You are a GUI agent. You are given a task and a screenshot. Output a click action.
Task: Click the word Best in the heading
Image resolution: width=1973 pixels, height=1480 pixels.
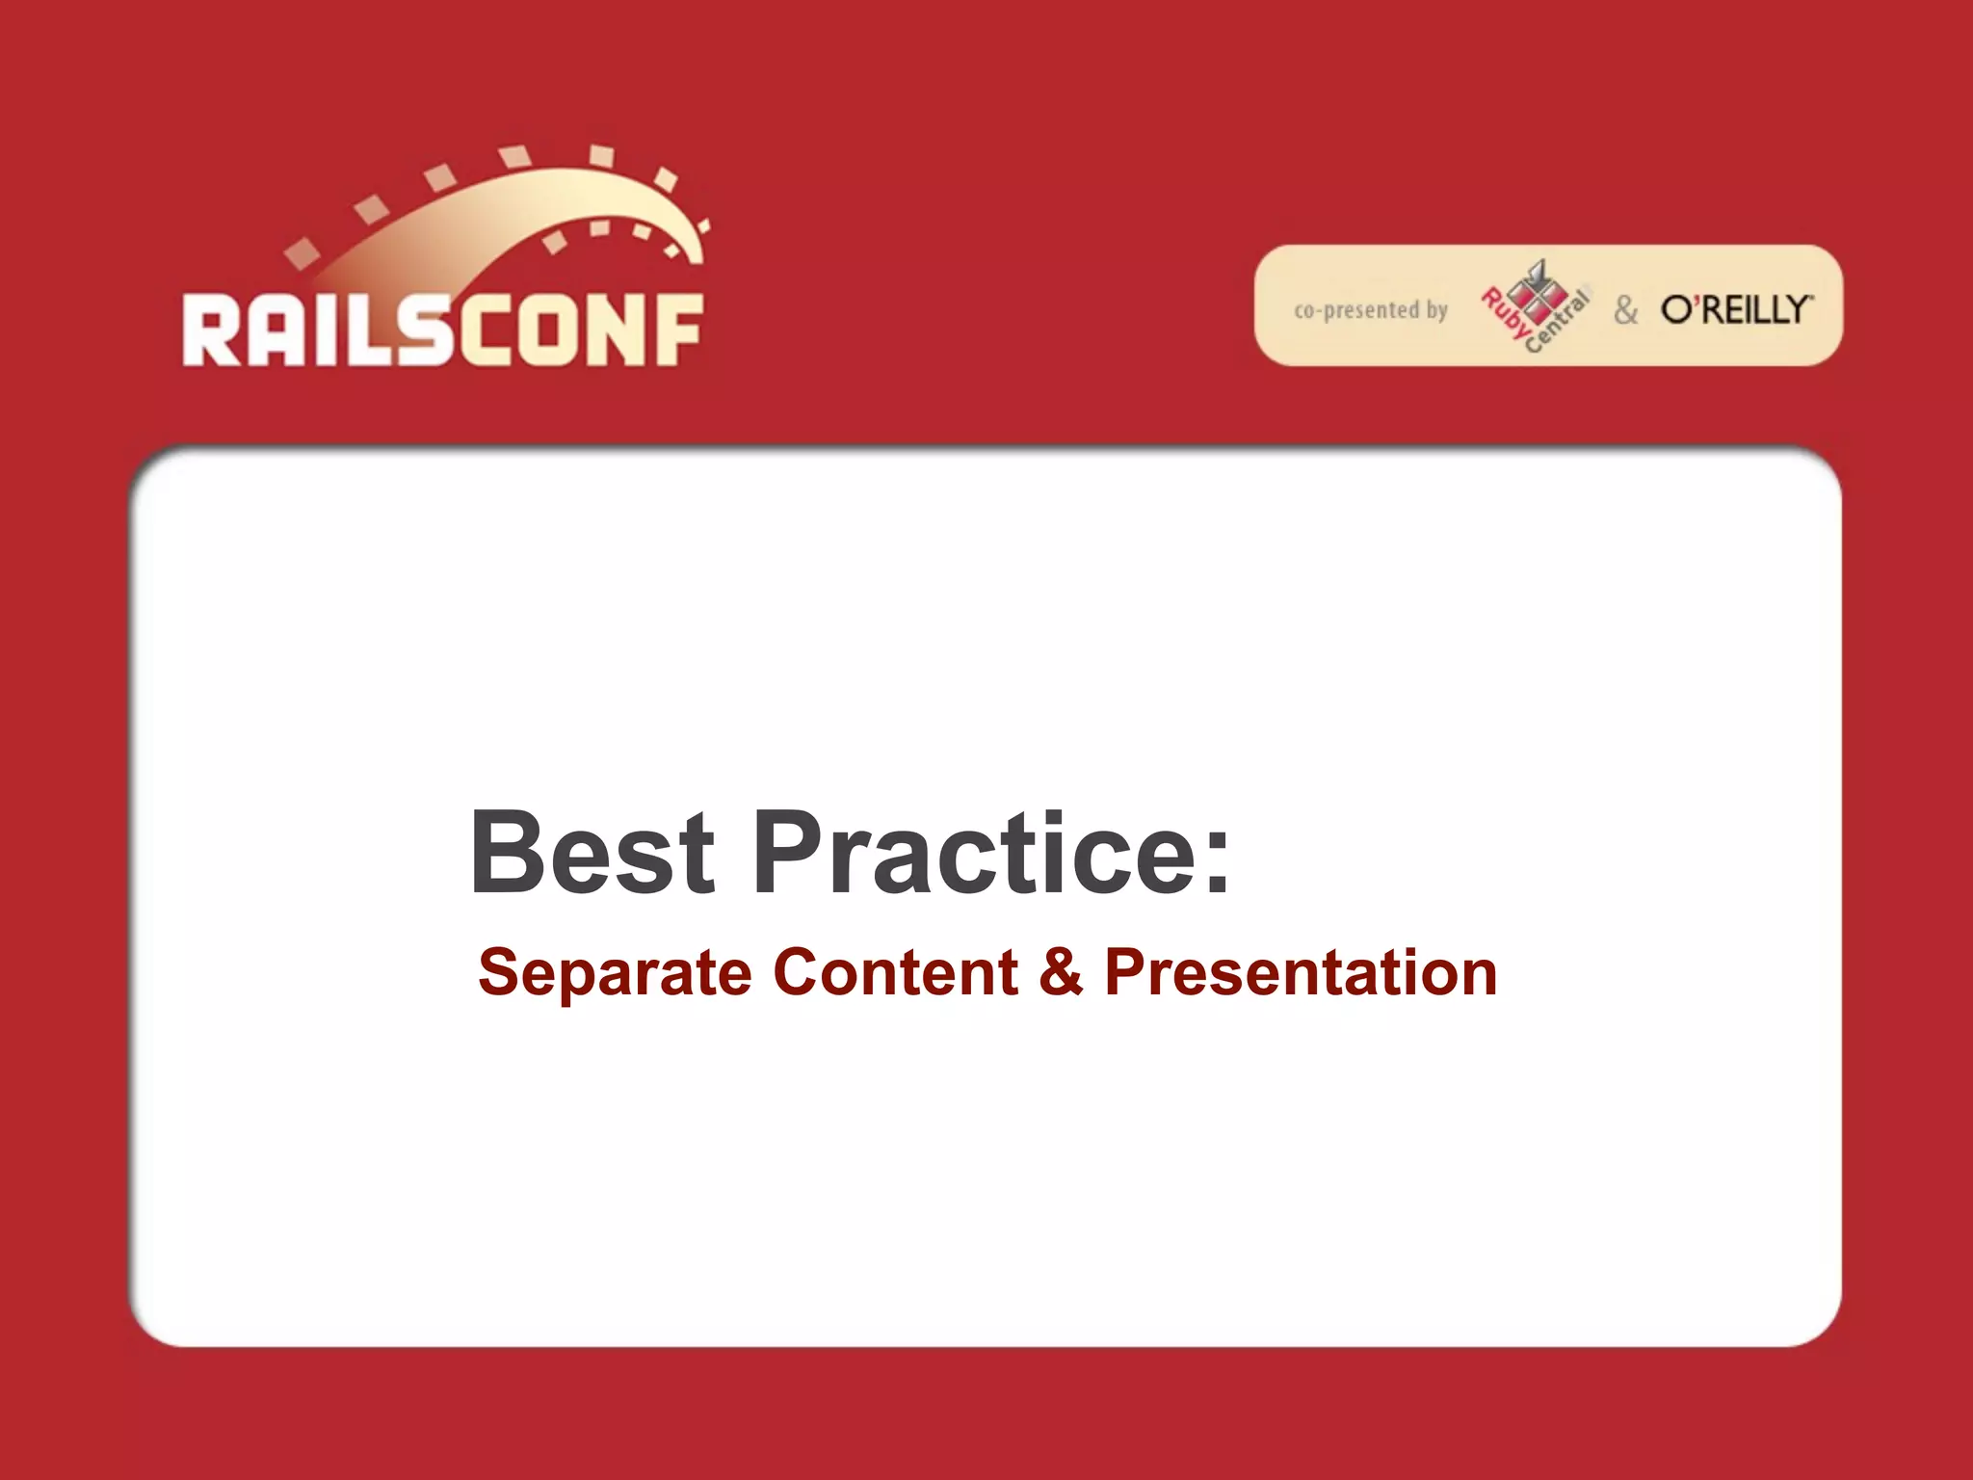click(592, 852)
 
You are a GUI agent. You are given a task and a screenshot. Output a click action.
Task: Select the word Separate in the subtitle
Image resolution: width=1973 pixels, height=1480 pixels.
click(614, 973)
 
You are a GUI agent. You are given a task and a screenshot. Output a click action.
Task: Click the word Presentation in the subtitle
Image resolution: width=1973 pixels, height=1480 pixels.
click(1301, 973)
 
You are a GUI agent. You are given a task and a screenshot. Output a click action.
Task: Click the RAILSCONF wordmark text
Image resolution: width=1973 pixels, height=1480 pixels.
click(442, 330)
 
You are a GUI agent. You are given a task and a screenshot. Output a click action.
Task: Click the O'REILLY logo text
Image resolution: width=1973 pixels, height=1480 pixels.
click(1736, 309)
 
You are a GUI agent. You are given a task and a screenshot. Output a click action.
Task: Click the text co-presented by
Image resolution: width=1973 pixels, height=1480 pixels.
click(1370, 310)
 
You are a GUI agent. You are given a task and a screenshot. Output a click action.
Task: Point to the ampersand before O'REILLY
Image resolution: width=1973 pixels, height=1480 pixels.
click(1626, 310)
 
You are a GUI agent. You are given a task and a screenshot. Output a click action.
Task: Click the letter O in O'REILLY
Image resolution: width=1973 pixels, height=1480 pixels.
click(1676, 309)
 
